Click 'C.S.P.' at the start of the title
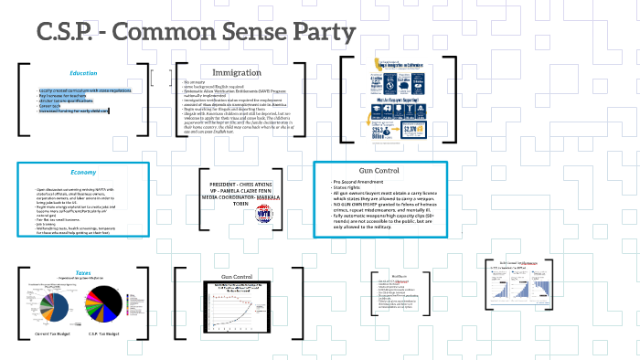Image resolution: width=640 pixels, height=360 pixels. click(69, 32)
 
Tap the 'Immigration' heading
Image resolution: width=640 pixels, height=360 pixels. click(237, 72)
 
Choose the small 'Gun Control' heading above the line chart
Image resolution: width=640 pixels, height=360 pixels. click(237, 276)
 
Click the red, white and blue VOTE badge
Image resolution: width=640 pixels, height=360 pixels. click(264, 214)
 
